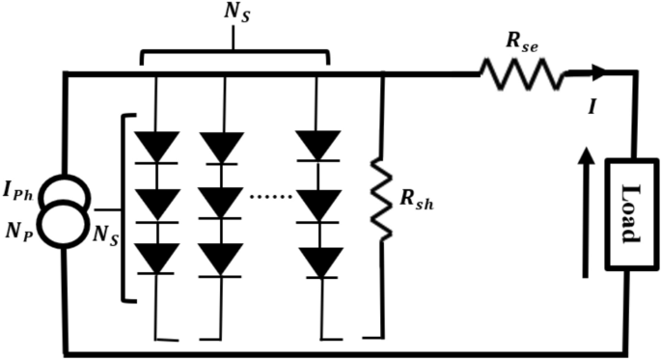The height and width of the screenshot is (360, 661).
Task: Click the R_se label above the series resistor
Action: pos(522,43)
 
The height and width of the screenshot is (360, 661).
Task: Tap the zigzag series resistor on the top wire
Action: pos(518,73)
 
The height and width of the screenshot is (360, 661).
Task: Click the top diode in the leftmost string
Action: pos(157,147)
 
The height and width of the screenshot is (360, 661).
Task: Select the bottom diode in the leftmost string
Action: pos(157,258)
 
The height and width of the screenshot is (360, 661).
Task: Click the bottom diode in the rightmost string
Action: pos(318,261)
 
